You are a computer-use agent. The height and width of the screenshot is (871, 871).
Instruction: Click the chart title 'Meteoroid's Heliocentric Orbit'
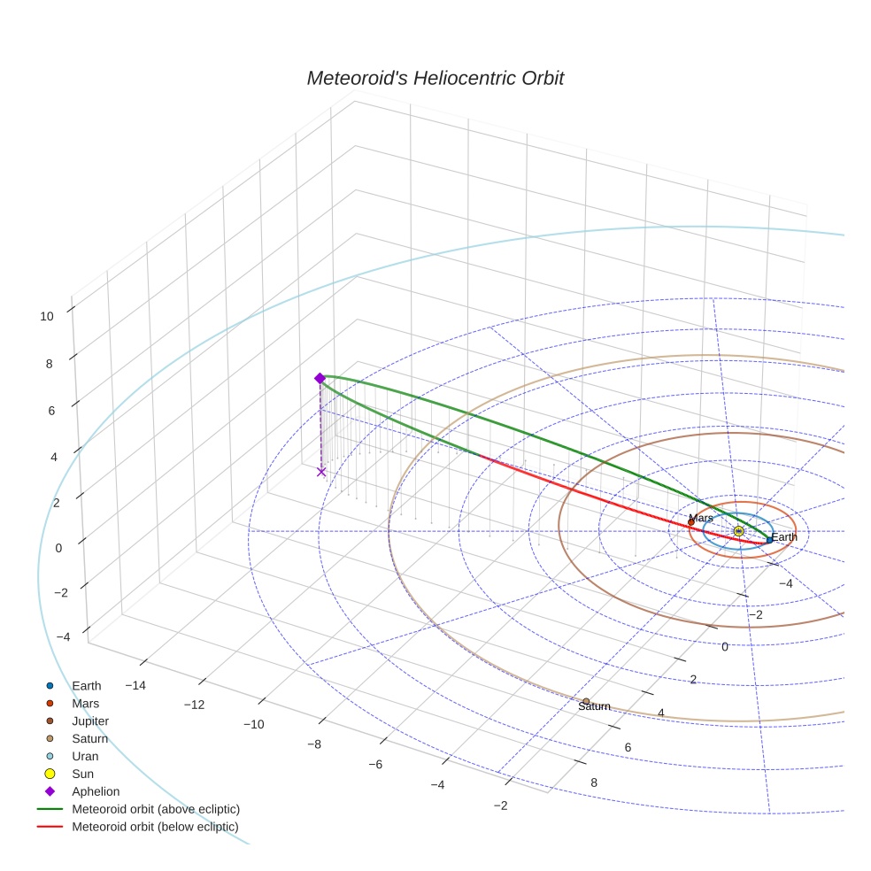435,78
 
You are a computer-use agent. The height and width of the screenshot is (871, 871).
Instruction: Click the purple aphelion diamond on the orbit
320,378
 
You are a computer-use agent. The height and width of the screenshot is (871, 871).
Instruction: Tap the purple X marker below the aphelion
321,472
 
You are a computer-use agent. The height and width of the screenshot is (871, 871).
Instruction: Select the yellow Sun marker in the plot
738,531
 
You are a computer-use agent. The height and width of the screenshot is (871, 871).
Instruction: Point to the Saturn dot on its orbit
586,701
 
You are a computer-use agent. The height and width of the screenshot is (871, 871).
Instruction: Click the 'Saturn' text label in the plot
595,707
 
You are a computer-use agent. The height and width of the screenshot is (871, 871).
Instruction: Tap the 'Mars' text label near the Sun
700,518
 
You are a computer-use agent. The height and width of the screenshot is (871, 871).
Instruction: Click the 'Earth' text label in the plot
783,537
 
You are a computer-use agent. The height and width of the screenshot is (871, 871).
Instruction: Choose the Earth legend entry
86,685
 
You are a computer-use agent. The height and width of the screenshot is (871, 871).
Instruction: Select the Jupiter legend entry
90,721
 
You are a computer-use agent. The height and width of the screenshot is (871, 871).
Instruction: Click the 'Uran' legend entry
85,756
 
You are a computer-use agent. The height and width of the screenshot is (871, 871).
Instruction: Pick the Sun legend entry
82,774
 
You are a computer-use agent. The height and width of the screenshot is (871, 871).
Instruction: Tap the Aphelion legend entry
95,791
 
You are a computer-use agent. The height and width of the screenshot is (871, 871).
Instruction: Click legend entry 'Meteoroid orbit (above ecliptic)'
155,809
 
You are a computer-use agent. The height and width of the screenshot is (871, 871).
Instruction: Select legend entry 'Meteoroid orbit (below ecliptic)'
155,827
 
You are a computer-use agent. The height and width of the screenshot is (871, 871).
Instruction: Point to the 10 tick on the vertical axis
47,315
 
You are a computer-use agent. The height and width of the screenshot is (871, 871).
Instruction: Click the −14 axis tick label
135,685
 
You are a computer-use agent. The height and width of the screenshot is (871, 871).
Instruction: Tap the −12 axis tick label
194,705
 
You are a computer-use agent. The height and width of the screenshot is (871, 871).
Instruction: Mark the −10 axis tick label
254,724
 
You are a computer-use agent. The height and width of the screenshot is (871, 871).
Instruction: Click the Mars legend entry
85,703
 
